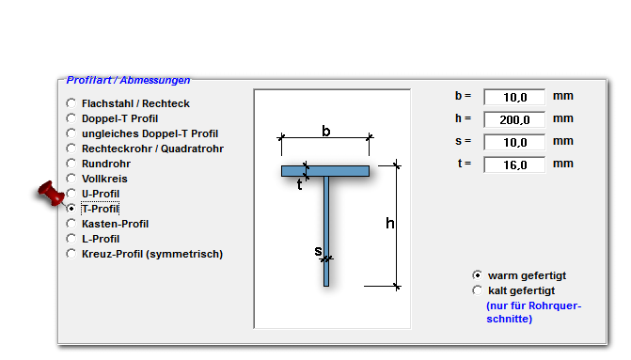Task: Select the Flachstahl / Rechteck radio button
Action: point(71,103)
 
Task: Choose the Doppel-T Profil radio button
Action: point(71,118)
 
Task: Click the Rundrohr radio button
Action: point(71,164)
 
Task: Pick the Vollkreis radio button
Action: point(71,179)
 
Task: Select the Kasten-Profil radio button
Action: point(71,224)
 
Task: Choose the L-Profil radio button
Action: point(71,239)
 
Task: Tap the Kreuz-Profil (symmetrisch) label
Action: point(152,254)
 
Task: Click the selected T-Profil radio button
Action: point(71,209)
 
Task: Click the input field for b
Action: point(514,97)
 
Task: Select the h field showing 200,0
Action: point(514,119)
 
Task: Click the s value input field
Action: point(514,142)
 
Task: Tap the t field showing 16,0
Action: point(514,164)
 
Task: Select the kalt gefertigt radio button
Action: point(478,290)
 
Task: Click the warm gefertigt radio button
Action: point(478,275)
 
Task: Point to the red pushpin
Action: point(51,193)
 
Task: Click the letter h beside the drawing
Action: point(390,223)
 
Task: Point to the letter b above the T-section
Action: point(326,131)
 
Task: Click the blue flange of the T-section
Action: point(325,171)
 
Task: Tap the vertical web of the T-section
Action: point(326,231)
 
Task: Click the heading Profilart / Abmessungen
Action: point(128,80)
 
